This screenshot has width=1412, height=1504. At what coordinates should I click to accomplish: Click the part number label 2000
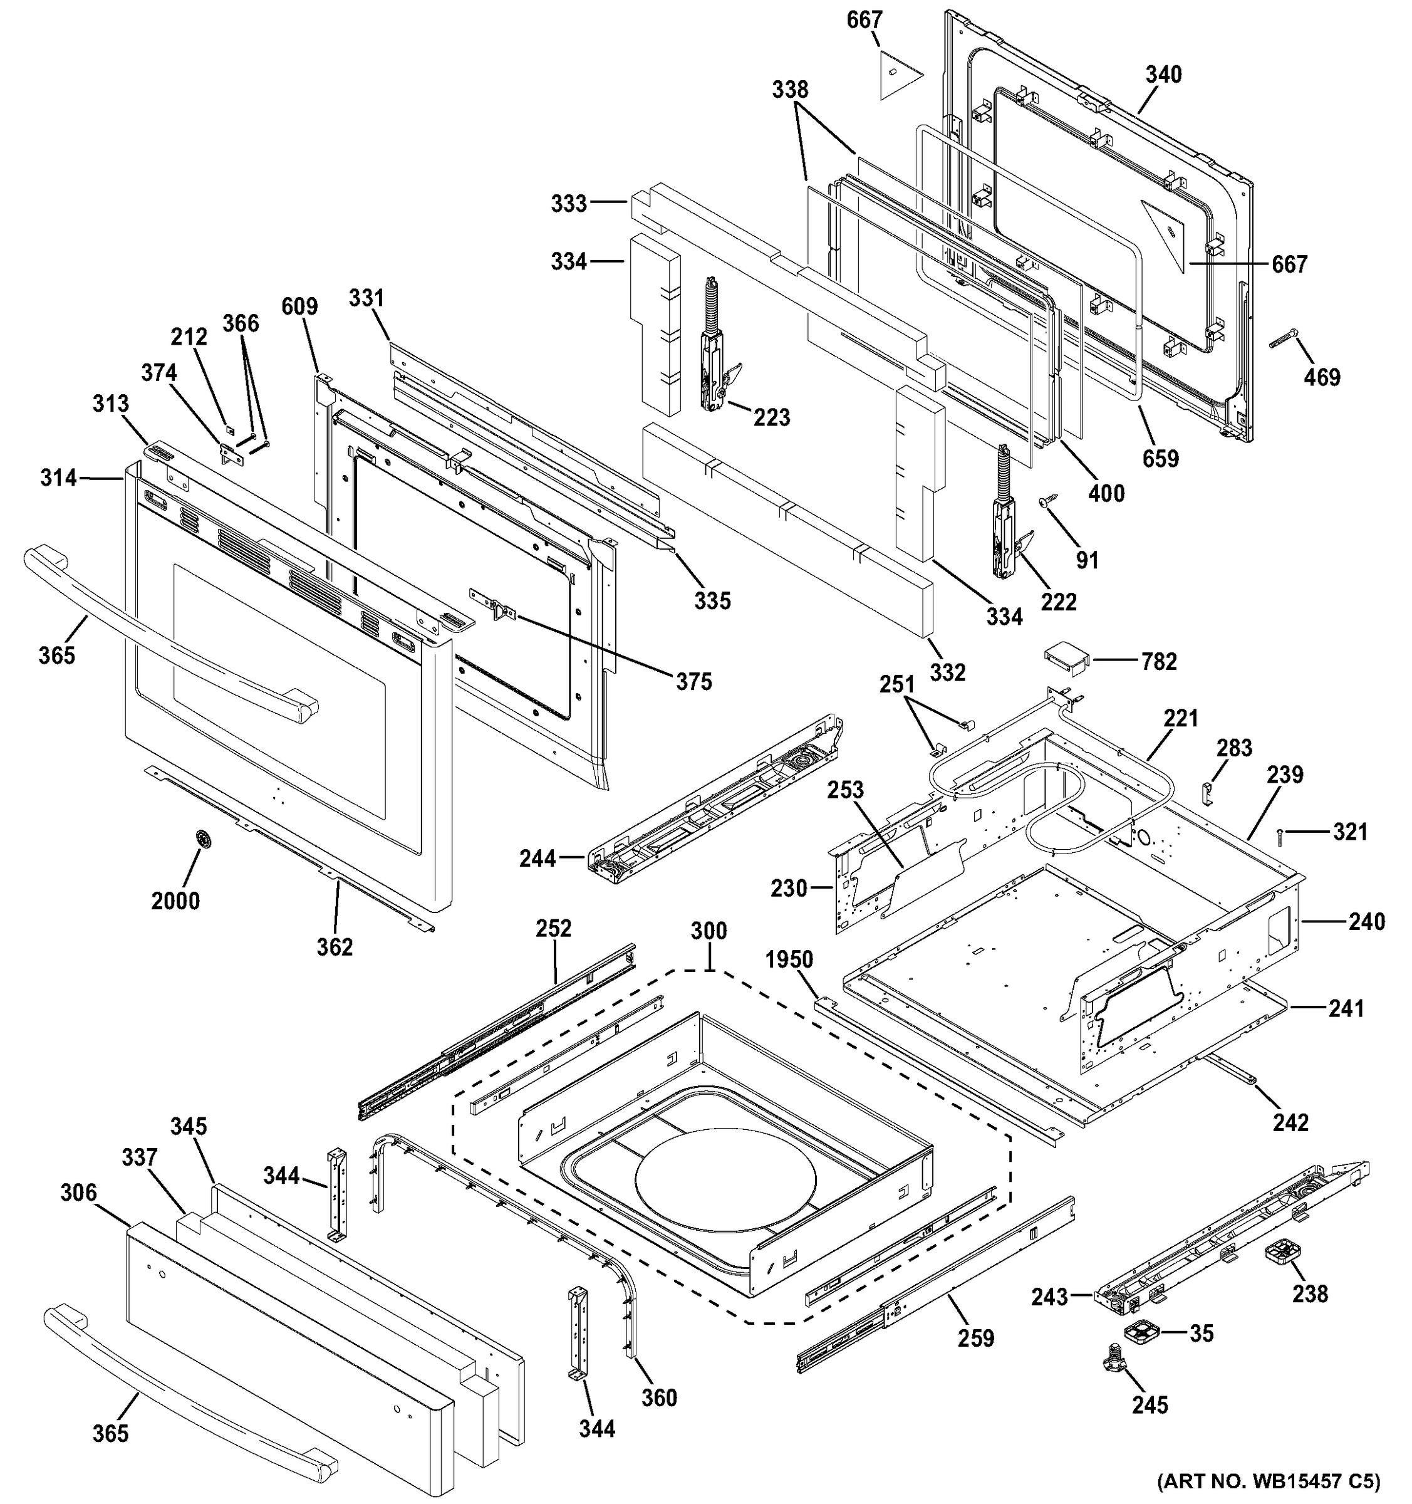[x=175, y=901]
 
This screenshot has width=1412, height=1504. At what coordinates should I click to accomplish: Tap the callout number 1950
[x=789, y=959]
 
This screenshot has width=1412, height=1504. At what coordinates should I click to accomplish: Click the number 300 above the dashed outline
[x=708, y=931]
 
